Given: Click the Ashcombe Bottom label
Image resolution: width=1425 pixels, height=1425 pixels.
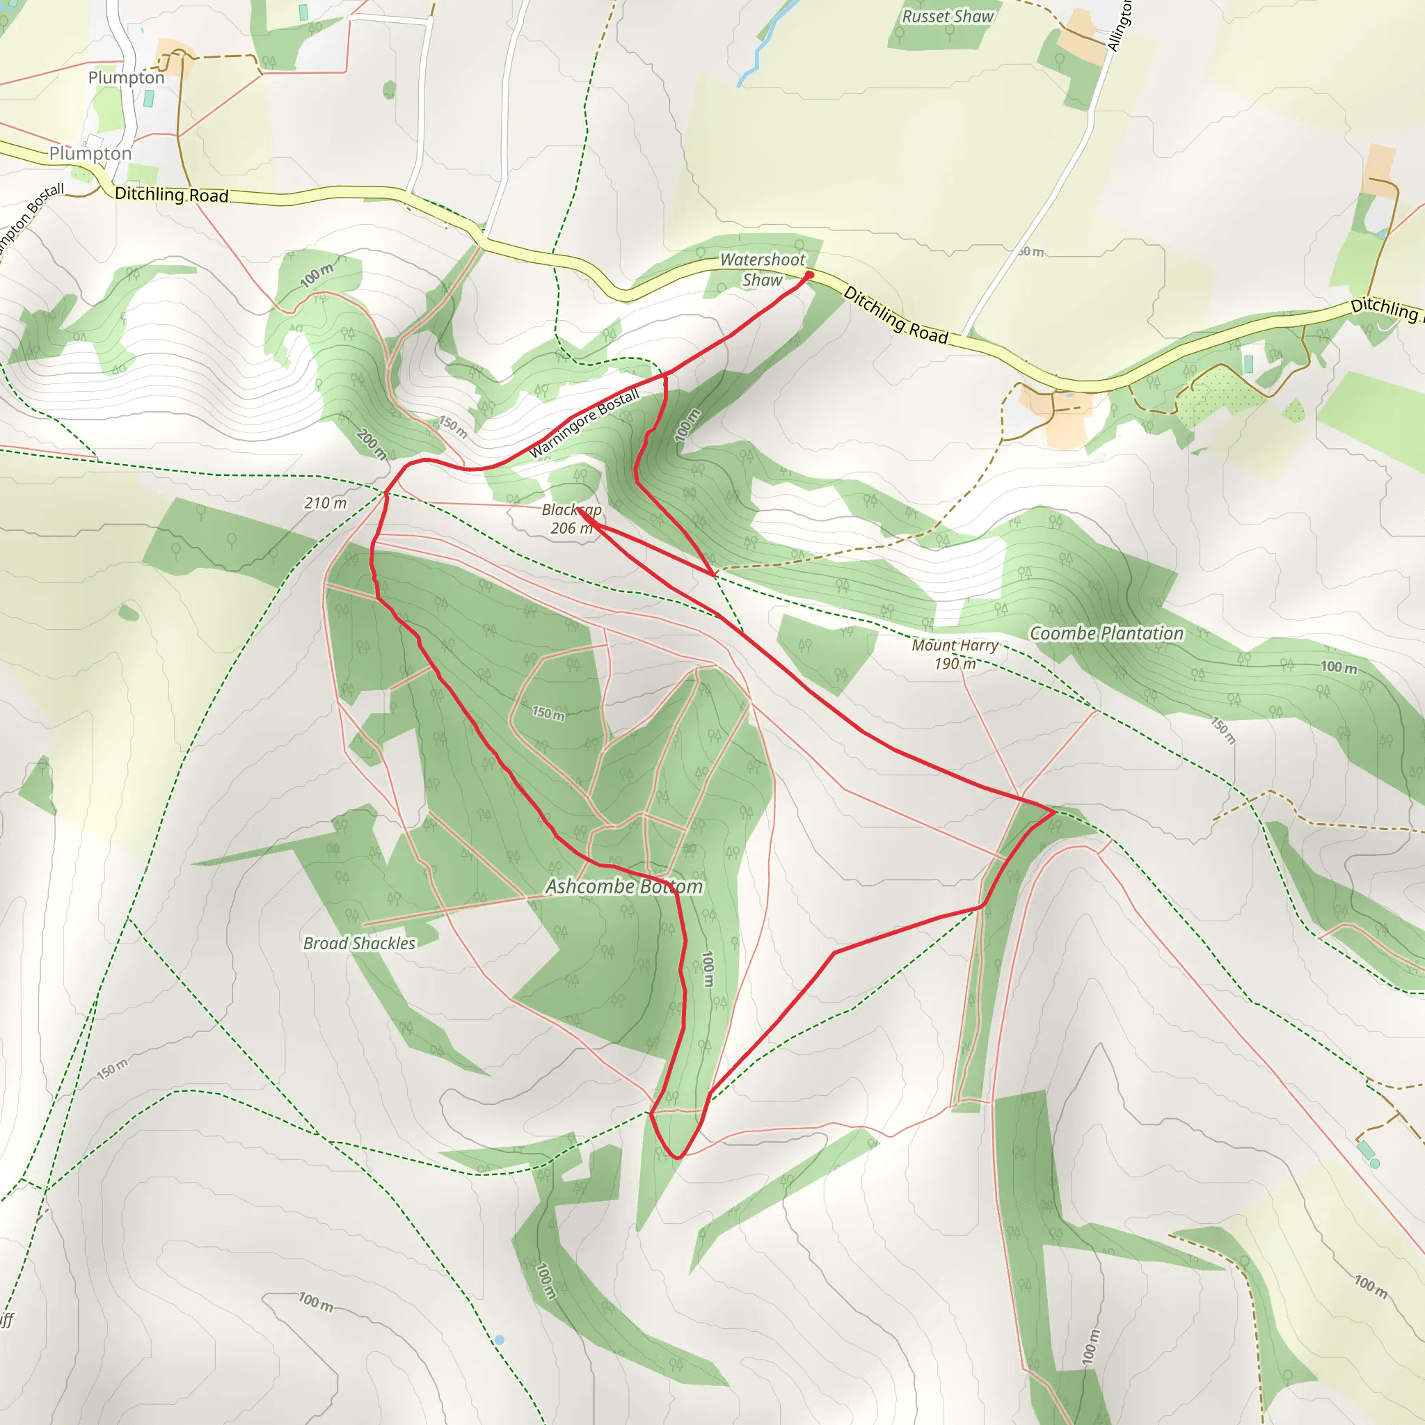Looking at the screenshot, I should pos(624,886).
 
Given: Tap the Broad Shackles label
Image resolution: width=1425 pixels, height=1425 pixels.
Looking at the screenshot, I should pos(359,944).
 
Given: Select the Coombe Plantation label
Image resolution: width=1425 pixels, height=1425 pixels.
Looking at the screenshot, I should pos(1106,634).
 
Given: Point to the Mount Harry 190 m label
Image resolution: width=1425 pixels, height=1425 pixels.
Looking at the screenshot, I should pos(955,654).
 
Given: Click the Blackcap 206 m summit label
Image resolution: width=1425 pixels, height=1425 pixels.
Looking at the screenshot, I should pos(572,519).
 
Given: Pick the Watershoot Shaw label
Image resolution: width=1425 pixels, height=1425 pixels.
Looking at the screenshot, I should pos(763,269).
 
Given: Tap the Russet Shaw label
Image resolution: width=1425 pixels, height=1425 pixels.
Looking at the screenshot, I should pos(948,16).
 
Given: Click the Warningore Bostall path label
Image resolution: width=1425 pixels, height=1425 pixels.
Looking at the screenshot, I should pos(584,424).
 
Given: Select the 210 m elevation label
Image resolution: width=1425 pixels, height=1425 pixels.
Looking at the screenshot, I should pos(325,503).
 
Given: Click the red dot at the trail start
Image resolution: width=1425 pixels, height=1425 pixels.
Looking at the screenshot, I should pos(809,275).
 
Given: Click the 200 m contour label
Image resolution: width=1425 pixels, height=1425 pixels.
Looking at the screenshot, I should pos(371,444).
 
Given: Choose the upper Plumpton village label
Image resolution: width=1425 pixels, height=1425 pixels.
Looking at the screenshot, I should pos(126,77).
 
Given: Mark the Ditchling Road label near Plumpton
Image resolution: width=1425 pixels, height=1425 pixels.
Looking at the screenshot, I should pos(172,195).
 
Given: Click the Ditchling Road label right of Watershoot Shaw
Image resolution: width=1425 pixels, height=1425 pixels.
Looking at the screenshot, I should pos(895,315).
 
